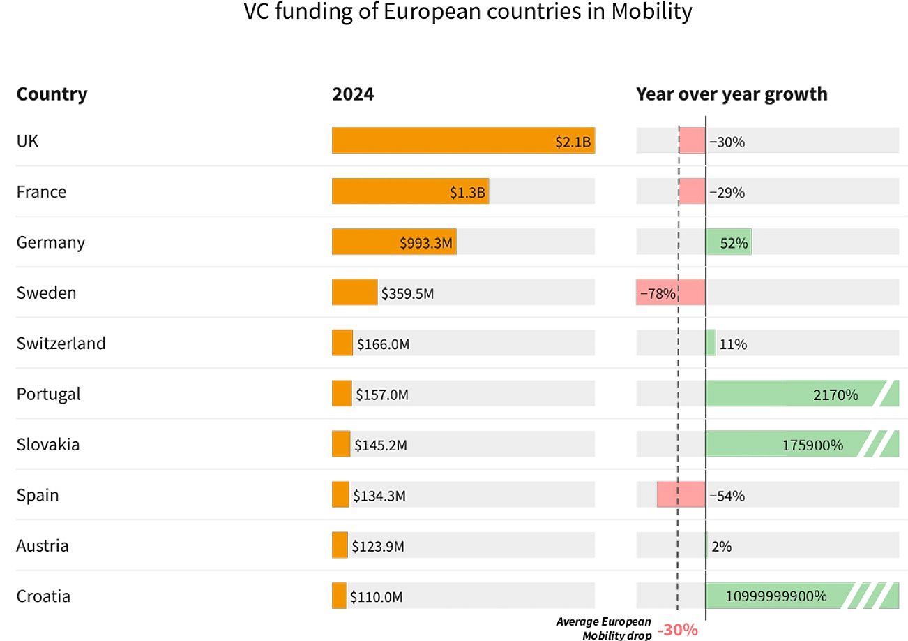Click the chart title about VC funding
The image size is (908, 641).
tap(468, 13)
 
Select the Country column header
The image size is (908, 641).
tap(52, 94)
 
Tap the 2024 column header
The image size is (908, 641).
tap(353, 94)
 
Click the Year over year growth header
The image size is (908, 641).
tap(732, 94)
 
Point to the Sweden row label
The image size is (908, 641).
tap(46, 293)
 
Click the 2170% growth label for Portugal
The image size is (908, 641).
tap(835, 395)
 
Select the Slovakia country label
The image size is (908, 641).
tap(48, 445)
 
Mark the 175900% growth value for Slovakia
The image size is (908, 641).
tap(812, 445)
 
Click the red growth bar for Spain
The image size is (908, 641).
tap(681, 495)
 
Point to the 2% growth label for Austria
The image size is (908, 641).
tap(721, 547)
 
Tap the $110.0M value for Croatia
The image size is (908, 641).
tap(376, 597)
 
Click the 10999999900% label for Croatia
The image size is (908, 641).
tap(776, 596)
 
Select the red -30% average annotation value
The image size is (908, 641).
tap(677, 630)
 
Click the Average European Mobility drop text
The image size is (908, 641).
tap(604, 628)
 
